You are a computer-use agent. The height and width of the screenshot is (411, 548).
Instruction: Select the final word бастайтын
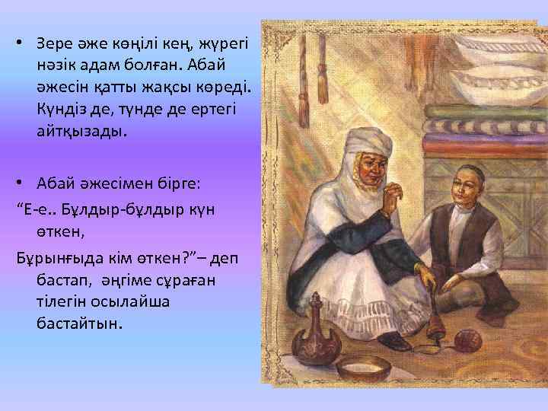click(x=78, y=323)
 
